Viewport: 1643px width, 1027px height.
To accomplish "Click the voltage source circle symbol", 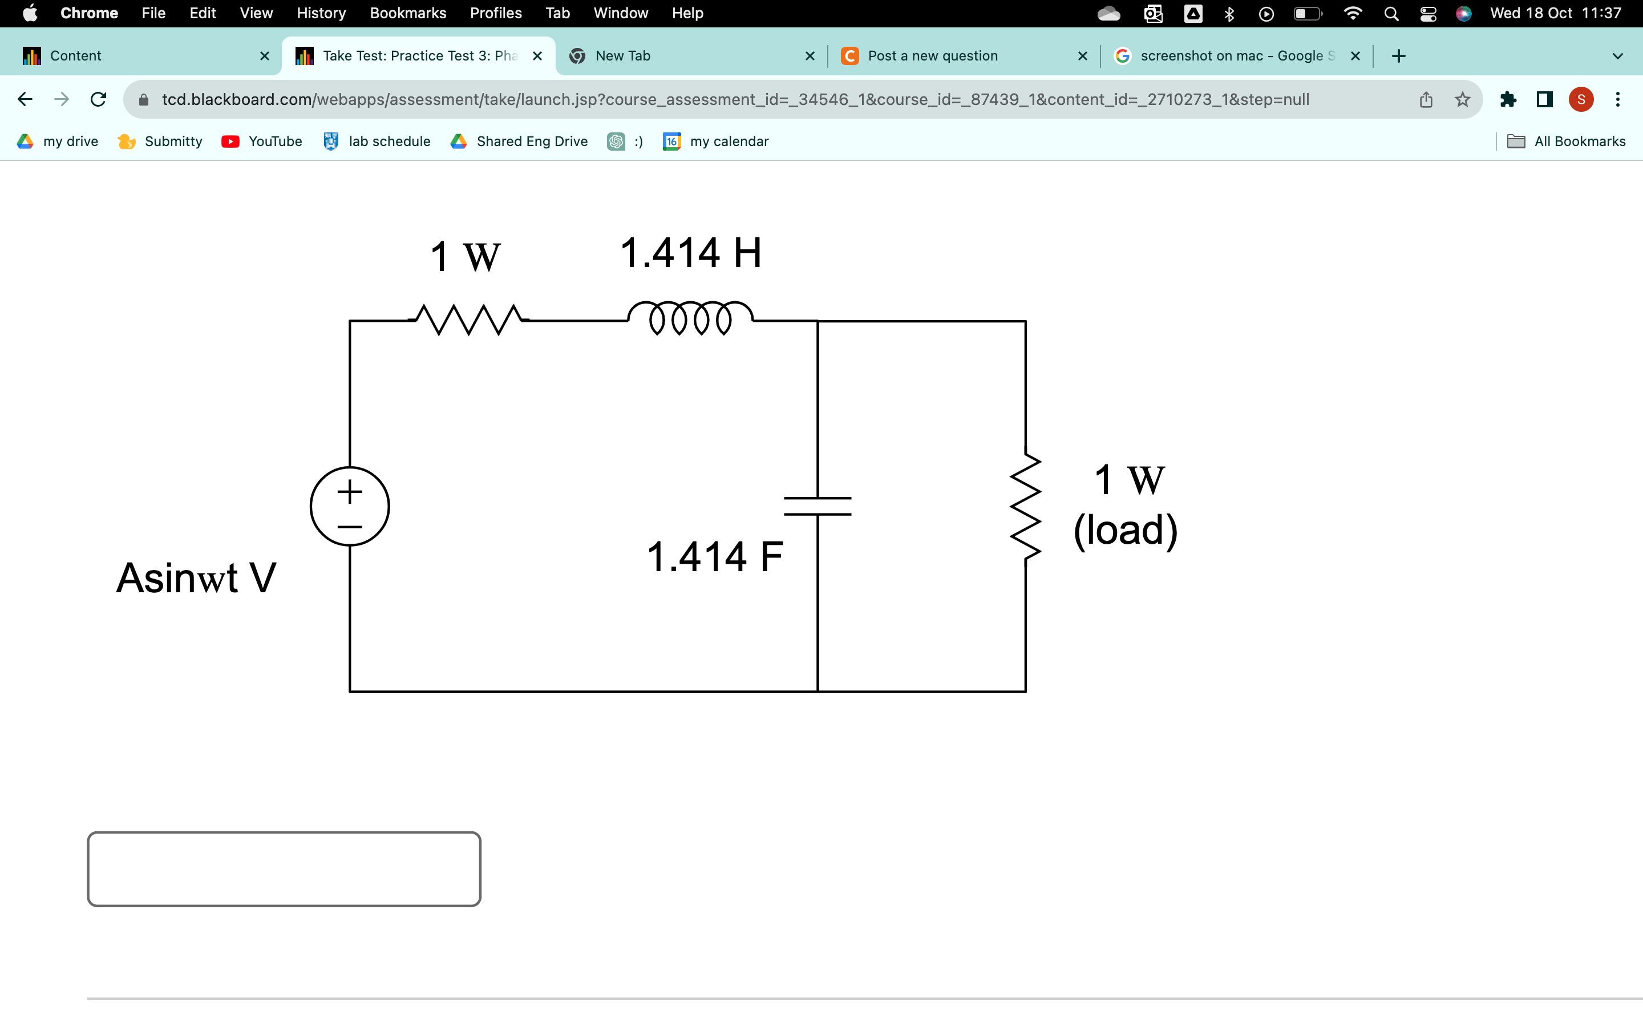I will (x=350, y=506).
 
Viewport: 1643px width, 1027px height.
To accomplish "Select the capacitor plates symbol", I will (x=818, y=506).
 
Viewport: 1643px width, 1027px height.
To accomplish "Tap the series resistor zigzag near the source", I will (x=468, y=320).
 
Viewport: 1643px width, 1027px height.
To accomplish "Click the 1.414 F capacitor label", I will (x=714, y=557).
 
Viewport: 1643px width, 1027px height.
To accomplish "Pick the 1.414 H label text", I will (x=690, y=253).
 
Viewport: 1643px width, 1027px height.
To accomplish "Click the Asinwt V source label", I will (x=196, y=578).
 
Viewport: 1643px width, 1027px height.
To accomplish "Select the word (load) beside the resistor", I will (x=1125, y=530).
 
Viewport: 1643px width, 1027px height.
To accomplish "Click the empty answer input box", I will (x=284, y=869).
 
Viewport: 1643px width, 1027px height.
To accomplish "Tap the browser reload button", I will (x=99, y=100).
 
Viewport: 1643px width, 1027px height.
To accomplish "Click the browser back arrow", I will (x=25, y=100).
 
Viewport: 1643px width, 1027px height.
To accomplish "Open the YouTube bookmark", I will (x=262, y=141).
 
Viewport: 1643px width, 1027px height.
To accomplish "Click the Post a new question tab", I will (x=932, y=56).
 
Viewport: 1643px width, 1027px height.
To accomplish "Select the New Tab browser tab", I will (x=622, y=56).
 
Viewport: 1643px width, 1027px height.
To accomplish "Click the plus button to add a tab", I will (x=1398, y=56).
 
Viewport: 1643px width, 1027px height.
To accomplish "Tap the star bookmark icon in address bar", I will (x=1462, y=100).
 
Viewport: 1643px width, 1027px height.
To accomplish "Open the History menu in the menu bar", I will (x=321, y=13).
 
